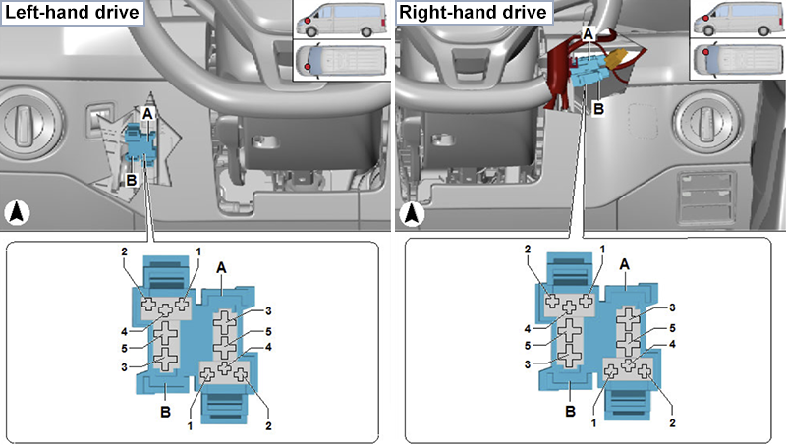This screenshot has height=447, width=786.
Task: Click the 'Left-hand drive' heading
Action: click(x=71, y=14)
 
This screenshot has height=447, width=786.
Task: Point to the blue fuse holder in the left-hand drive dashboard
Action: click(x=141, y=141)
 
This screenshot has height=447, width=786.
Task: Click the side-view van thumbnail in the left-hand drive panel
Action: click(x=340, y=21)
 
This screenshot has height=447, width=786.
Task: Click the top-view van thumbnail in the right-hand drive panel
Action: click(x=736, y=61)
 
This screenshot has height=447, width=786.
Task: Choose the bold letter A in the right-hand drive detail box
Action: click(x=624, y=266)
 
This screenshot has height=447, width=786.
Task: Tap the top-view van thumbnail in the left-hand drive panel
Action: click(x=340, y=61)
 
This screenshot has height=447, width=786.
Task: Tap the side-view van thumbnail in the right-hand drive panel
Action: click(x=736, y=21)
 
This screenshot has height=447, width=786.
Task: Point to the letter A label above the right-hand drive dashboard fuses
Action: click(x=588, y=33)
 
